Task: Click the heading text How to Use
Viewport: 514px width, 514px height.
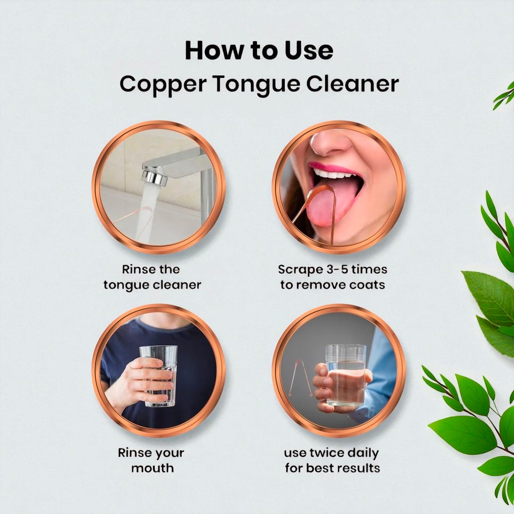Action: click(x=259, y=51)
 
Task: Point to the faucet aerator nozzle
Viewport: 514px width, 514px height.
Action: click(x=154, y=177)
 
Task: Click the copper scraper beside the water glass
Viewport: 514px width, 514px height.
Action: click(x=300, y=377)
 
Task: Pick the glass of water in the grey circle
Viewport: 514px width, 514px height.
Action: click(x=345, y=375)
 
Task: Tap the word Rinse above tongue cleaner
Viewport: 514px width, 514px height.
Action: click(x=139, y=270)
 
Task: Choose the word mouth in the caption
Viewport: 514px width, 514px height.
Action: click(x=153, y=468)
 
